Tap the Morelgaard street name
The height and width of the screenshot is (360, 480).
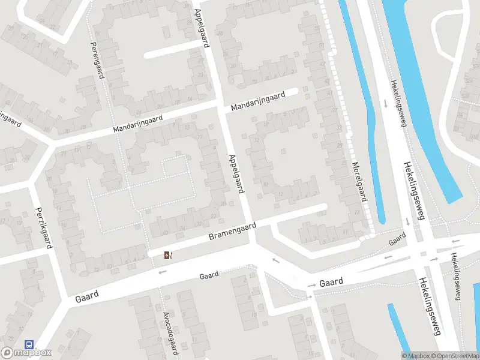click(x=359, y=181)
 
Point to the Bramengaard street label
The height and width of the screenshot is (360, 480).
click(x=232, y=232)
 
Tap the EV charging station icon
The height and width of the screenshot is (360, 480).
click(x=169, y=256)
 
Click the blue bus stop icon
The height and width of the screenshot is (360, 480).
click(x=28, y=344)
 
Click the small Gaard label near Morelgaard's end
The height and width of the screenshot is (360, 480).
click(x=397, y=240)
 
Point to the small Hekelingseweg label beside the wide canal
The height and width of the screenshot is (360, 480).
click(x=398, y=103)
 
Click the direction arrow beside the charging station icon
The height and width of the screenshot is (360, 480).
click(x=162, y=272)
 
